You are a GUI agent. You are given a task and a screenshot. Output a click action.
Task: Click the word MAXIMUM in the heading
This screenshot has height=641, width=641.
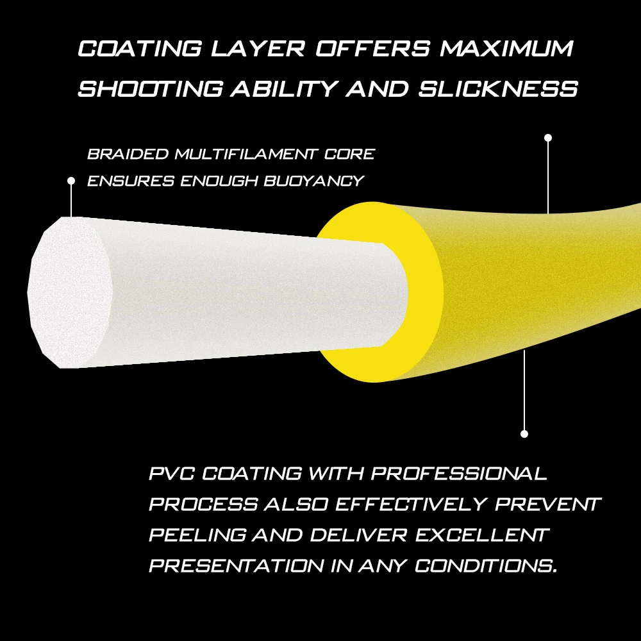(506, 48)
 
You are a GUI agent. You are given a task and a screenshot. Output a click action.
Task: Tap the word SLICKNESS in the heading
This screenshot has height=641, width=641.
(498, 88)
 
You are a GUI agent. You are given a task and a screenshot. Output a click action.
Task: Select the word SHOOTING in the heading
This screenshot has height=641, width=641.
(151, 88)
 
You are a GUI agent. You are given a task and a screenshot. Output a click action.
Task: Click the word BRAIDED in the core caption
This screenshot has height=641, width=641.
(128, 154)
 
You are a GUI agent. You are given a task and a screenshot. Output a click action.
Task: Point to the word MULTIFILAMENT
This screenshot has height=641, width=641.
(246, 154)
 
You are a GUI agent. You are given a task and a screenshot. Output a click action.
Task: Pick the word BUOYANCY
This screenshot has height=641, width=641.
(313, 181)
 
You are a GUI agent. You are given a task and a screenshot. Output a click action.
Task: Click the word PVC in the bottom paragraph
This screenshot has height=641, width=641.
(172, 474)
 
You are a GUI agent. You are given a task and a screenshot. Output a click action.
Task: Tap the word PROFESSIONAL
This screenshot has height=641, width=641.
(459, 474)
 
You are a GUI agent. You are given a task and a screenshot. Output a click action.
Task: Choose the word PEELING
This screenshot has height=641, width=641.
(197, 535)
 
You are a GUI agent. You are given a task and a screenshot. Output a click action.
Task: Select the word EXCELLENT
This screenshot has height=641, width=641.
(481, 535)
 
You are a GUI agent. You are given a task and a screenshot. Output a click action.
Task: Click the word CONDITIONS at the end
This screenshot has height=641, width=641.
(486, 566)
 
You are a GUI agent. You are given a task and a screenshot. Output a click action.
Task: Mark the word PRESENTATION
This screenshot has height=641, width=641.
(237, 566)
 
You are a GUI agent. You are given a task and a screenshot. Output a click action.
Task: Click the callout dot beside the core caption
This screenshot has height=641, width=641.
(71, 181)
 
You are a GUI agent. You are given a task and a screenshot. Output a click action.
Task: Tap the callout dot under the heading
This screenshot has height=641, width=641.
(548, 138)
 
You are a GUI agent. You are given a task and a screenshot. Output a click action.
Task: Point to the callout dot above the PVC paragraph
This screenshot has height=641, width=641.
(524, 434)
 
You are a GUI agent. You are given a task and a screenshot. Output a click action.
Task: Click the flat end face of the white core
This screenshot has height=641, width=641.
(69, 293)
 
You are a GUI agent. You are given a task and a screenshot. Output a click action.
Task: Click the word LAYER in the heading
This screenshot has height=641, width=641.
(258, 48)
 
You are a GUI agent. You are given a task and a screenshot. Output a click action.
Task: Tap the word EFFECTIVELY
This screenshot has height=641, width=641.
(412, 504)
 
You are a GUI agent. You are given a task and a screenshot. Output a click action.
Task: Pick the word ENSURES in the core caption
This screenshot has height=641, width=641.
(131, 181)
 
